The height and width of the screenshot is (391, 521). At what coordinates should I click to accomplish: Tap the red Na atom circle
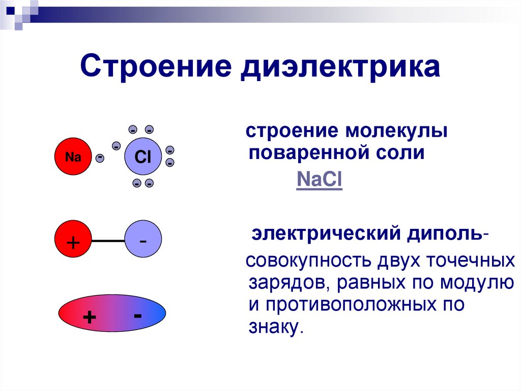(x=73, y=157)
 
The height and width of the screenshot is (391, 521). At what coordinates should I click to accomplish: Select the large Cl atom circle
(x=142, y=157)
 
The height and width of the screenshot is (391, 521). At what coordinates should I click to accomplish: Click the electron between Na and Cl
(x=100, y=158)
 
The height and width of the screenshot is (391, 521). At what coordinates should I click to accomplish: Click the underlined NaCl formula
(x=319, y=181)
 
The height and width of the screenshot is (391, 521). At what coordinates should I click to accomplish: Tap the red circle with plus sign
(x=73, y=241)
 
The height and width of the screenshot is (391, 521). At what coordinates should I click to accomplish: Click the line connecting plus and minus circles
(x=108, y=241)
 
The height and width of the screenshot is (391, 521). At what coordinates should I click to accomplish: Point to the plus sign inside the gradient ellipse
(x=90, y=317)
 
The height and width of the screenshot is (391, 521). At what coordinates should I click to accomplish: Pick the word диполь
(x=446, y=235)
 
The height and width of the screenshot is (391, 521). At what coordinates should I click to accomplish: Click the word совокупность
(x=309, y=260)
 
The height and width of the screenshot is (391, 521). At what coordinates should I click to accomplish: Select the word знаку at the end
(x=274, y=327)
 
